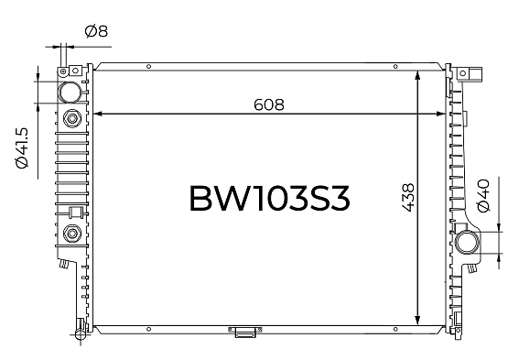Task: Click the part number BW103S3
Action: pos(269,199)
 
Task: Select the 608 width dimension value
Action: pos(269,104)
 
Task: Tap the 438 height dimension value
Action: pos(408,198)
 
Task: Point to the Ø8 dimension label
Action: pos(96,31)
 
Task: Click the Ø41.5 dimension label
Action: pos(22,148)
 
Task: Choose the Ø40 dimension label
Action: pos(483,195)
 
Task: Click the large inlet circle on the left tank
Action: pos(69,93)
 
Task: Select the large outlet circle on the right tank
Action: pos(467,243)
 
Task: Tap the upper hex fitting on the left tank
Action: pos(72,118)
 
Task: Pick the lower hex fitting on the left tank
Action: pos(72,234)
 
